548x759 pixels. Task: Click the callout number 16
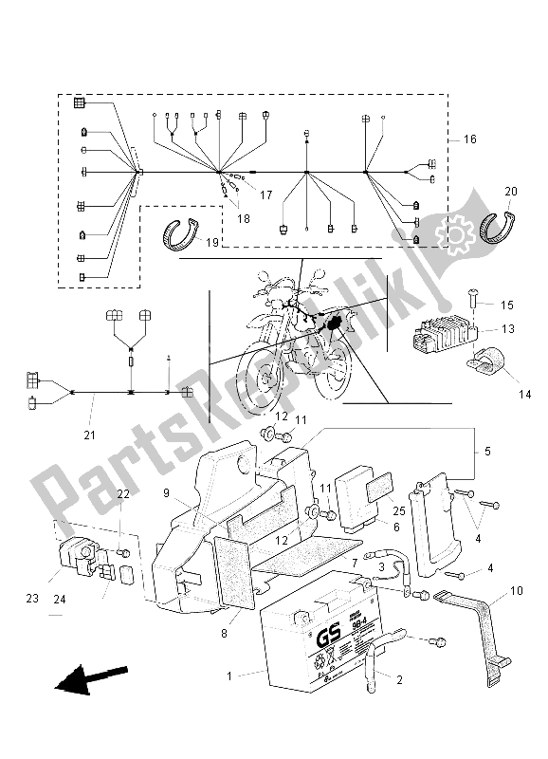pyautogui.click(x=469, y=139)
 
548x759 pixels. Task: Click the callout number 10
pyautogui.click(x=516, y=590)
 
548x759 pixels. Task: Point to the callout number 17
pyautogui.click(x=265, y=194)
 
